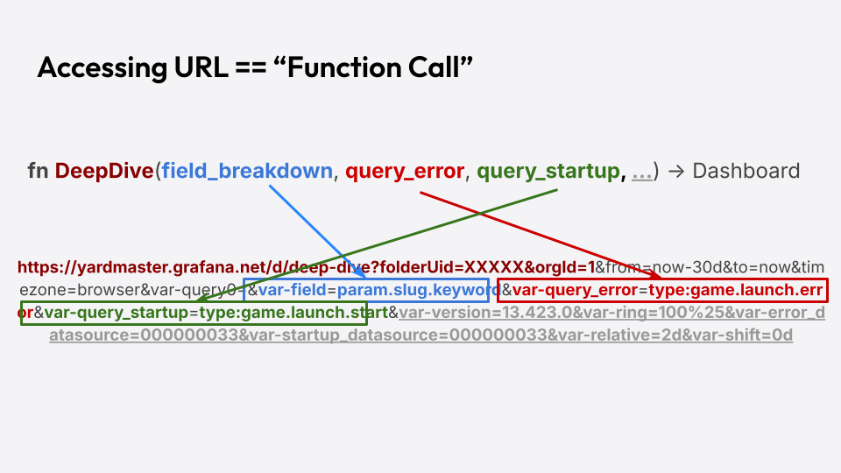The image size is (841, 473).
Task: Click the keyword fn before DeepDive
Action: point(38,171)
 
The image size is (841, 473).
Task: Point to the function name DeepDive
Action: point(104,171)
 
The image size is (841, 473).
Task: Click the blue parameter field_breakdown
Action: point(247,171)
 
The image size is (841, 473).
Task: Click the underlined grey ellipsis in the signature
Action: point(641,172)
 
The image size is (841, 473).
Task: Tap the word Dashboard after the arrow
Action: point(746,171)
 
